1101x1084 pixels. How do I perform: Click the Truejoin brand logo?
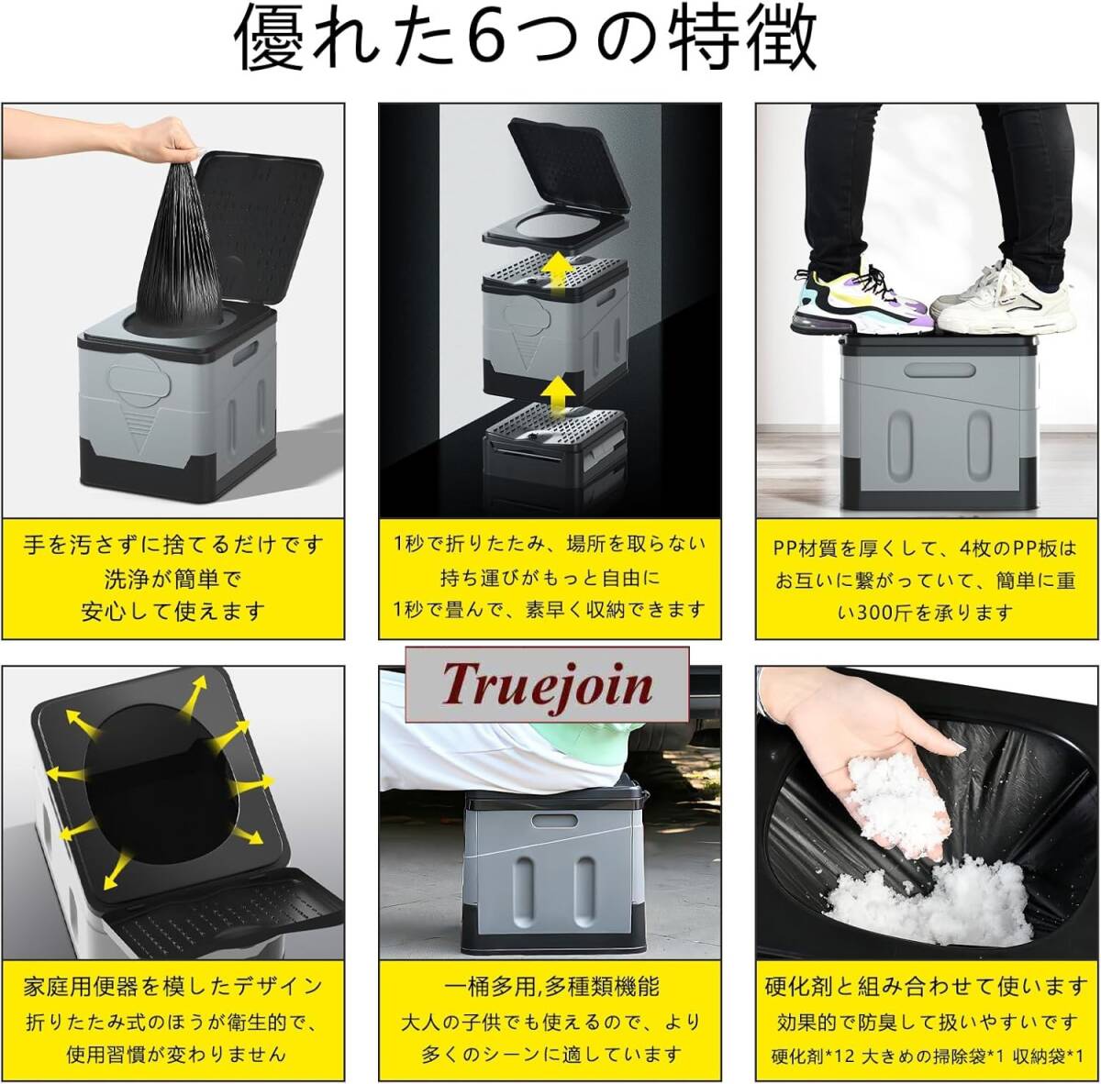coord(547,684)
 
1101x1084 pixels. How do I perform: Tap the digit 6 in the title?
coord(493,39)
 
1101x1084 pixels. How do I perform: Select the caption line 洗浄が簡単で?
coord(173,579)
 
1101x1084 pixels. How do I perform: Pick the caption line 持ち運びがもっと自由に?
coord(550,578)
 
